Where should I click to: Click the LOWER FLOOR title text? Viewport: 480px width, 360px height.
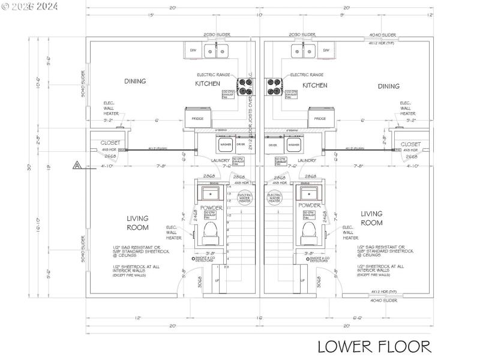[374, 346]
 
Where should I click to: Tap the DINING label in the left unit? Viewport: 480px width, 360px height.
[135, 81]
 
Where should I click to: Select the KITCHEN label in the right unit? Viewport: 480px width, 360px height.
[315, 86]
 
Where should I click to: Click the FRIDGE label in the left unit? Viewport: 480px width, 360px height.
[197, 119]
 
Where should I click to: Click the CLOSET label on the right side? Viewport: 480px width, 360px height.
[411, 144]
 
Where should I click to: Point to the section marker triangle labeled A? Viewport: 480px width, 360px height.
[77, 164]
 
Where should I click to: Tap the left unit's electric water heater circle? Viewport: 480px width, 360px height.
[245, 198]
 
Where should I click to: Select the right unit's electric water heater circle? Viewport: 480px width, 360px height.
[275, 198]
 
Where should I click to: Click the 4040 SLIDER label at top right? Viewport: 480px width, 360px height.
[383, 35]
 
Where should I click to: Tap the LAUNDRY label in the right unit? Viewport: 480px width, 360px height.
[307, 160]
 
